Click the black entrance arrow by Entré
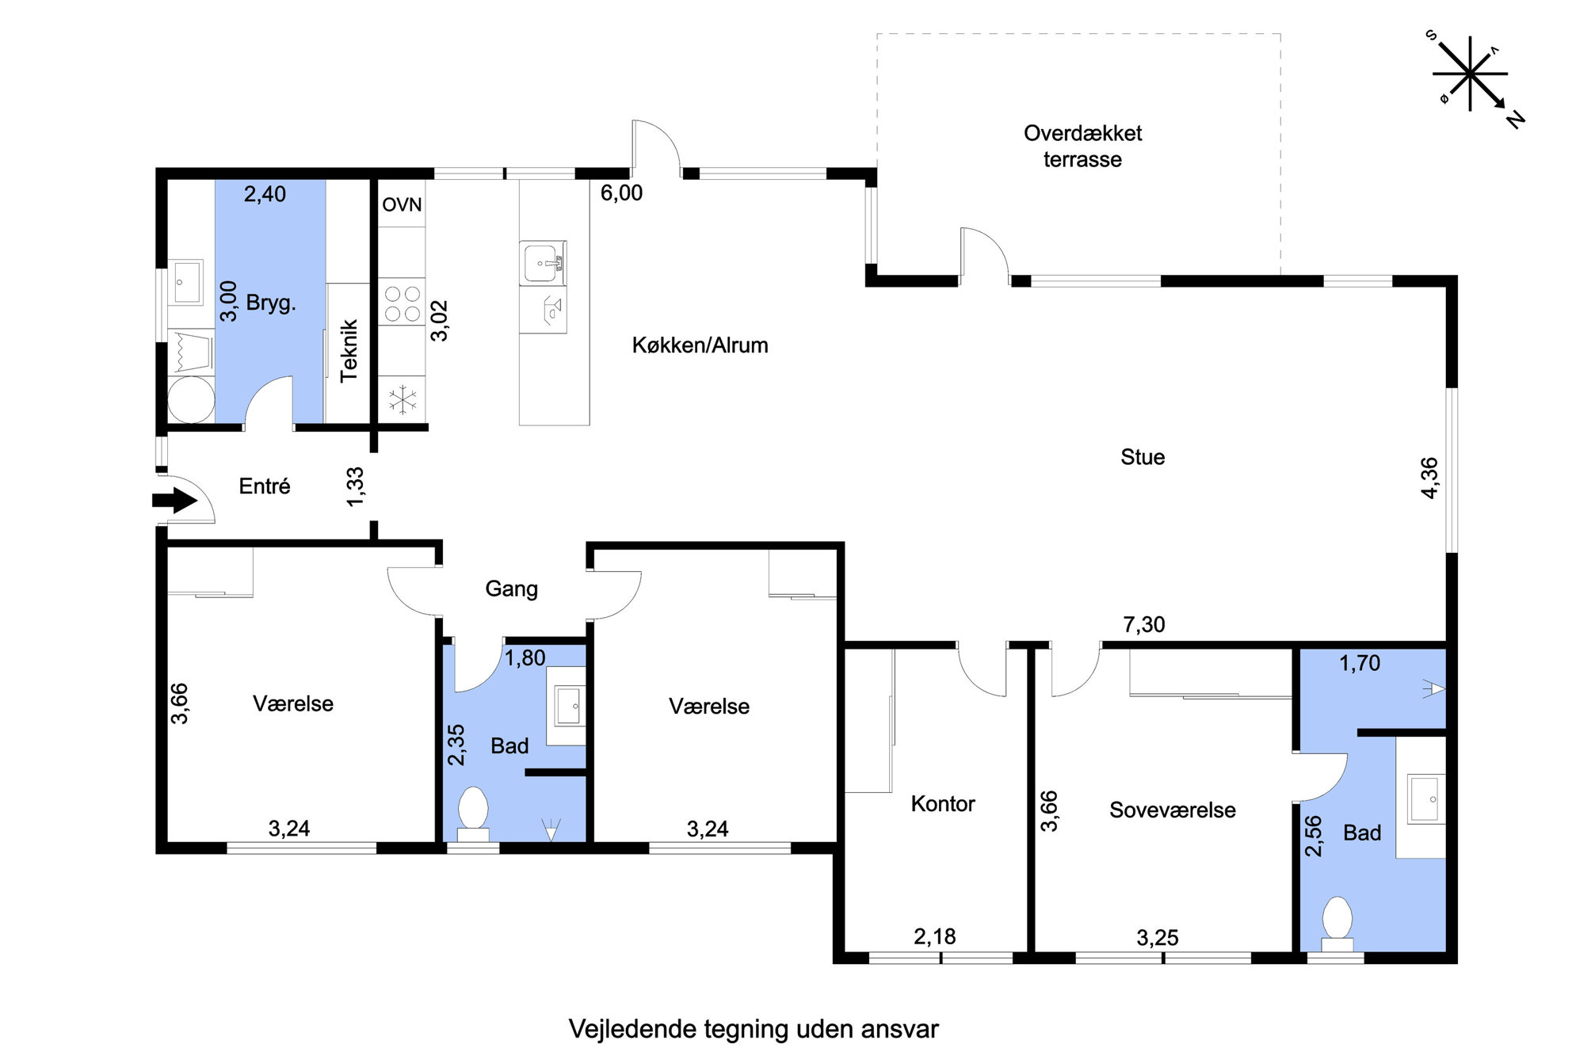174,500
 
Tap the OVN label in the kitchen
402,205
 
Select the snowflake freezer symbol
403,400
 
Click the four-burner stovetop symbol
402,304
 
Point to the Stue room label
1142,457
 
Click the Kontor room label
942,804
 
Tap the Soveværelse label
1172,810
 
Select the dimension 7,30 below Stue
1143,625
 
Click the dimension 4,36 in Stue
1429,478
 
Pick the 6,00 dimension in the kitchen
621,193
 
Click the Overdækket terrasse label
1082,146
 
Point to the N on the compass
1516,120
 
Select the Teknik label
349,351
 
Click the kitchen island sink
543,262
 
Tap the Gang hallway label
511,589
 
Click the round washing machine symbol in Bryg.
191,400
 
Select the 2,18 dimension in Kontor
934,937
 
